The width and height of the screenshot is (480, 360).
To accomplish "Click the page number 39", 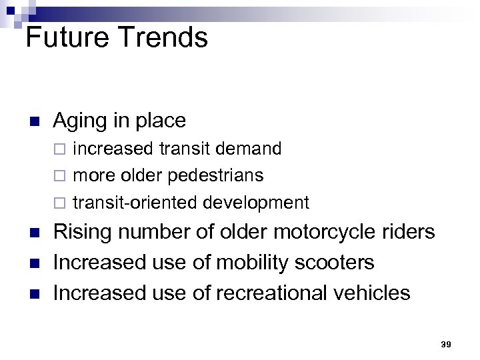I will [446, 345].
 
